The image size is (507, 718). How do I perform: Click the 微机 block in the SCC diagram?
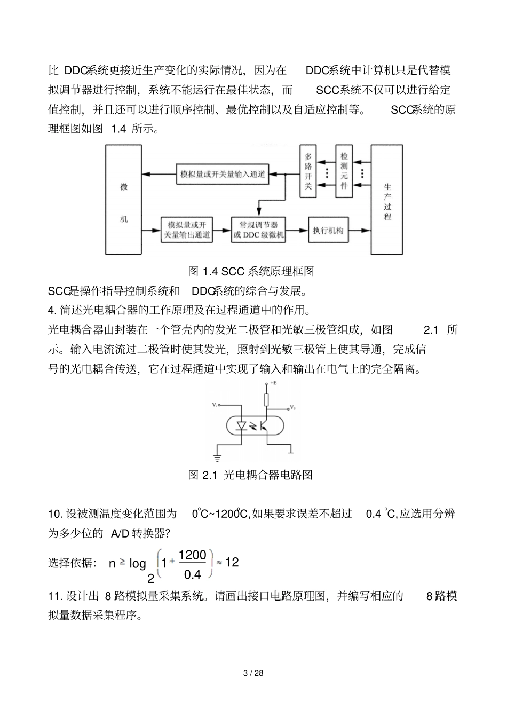124,200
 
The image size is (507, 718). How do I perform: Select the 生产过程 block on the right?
387,200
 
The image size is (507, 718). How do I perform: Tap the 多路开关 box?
308,171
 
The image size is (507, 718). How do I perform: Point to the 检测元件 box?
344,171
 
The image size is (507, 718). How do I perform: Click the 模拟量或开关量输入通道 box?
222,174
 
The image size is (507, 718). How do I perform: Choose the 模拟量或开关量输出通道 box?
186,230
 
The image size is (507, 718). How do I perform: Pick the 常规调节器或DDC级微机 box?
258,230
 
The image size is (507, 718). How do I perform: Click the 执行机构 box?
328,231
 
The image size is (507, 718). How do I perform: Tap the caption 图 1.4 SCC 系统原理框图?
251,271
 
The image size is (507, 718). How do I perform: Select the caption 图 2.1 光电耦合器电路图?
250,475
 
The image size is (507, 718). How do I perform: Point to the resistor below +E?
266,400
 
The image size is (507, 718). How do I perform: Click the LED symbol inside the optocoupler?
241,425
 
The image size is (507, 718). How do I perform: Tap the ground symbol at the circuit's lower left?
217,457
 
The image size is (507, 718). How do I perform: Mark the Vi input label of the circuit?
215,405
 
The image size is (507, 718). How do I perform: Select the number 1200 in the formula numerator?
192,555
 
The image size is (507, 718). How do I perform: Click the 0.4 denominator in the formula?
192,574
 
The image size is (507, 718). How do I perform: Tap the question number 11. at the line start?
56,596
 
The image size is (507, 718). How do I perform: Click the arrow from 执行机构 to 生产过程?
360,231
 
